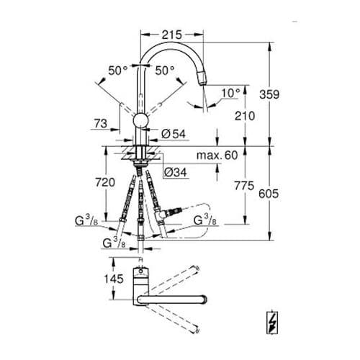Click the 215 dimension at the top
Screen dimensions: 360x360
click(x=171, y=34)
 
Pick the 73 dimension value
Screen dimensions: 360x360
click(x=100, y=125)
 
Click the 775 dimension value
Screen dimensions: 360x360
click(x=245, y=186)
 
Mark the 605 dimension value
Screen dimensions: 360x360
click(x=288, y=194)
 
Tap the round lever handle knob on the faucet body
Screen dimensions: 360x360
click(x=142, y=119)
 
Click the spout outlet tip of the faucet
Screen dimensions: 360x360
click(x=204, y=81)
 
